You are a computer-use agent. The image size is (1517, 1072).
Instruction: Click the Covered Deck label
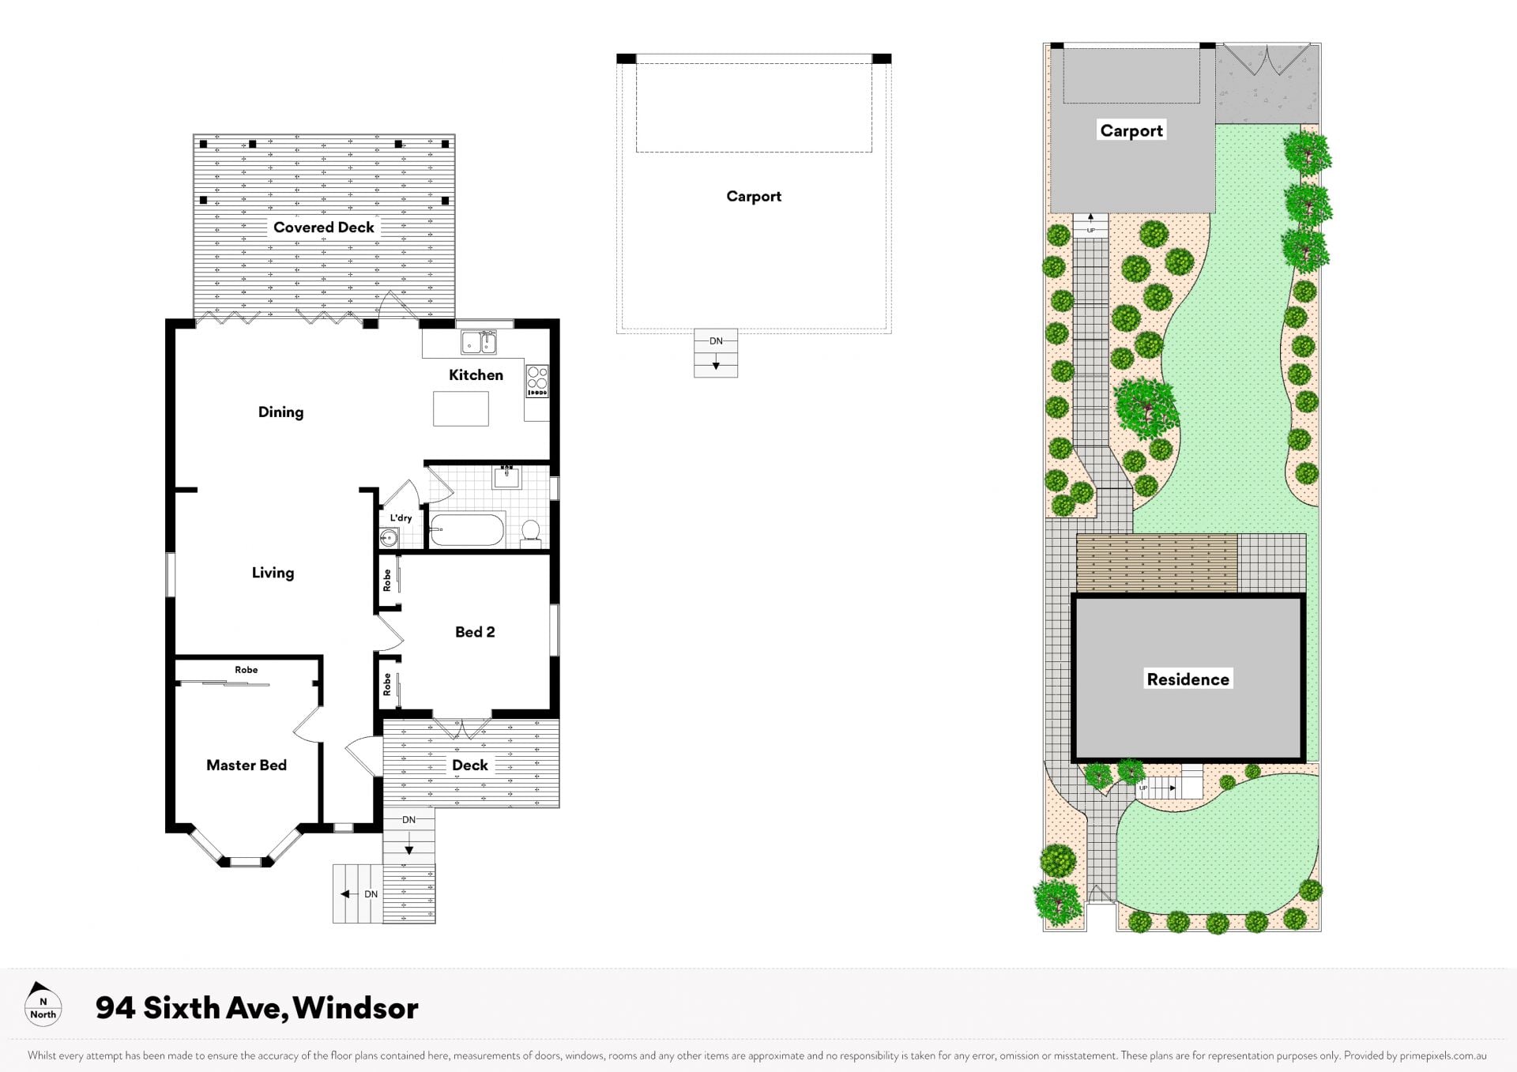pos(323,228)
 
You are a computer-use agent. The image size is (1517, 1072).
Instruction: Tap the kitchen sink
pos(479,343)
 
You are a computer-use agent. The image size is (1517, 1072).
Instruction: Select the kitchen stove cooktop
pos(537,381)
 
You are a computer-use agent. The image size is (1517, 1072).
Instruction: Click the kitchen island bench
pos(461,408)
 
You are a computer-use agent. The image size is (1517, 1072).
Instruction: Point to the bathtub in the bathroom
pos(467,530)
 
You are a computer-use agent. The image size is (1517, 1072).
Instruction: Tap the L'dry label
pos(401,518)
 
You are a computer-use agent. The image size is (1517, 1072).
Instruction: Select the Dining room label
pos(280,412)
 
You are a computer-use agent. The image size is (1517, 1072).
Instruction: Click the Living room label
pos(273,573)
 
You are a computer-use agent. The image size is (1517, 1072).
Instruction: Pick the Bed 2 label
pos(475,632)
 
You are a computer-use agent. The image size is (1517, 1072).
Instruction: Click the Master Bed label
pos(247,765)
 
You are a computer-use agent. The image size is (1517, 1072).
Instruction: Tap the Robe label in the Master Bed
pos(246,670)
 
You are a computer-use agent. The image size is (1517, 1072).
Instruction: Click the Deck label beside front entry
pos(470,765)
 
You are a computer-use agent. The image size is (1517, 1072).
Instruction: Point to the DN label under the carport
pos(716,341)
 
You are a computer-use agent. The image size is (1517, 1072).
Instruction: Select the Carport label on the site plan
pos(1131,131)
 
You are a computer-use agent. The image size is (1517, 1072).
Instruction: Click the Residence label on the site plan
pos(1188,679)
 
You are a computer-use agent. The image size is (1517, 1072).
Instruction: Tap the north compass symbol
pos(43,1004)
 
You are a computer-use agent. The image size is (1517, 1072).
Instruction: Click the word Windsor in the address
pos(355,1008)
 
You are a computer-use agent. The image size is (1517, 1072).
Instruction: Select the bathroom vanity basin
pos(506,476)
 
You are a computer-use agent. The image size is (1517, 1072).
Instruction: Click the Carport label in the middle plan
pos(754,197)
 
